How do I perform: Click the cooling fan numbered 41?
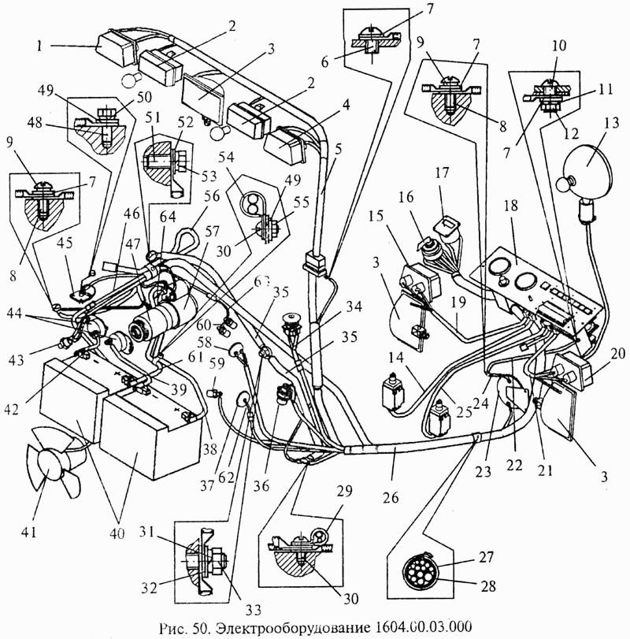(x=49, y=461)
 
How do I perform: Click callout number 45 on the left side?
(x=65, y=244)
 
